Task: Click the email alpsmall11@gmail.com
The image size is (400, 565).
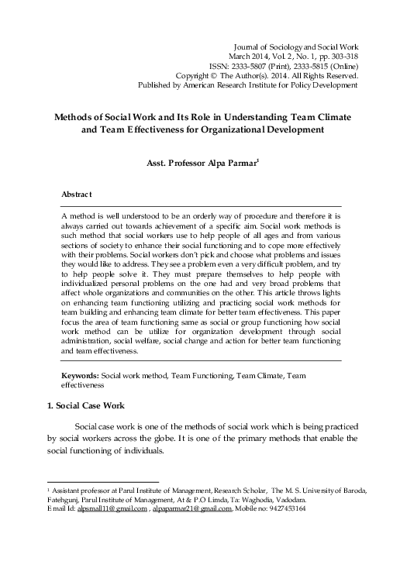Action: [x=83, y=518]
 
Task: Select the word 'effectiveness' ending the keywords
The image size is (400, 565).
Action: [x=83, y=384]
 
